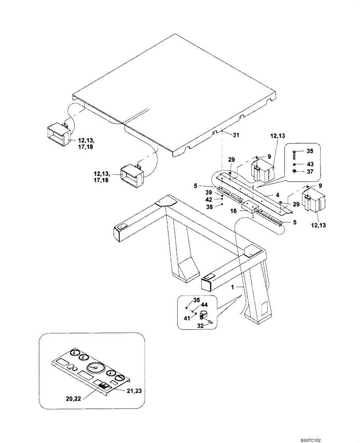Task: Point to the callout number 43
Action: [x=309, y=163]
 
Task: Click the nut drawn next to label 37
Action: [x=295, y=171]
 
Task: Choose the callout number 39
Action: [x=208, y=193]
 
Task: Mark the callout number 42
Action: [x=208, y=200]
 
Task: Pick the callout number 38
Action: [x=208, y=207]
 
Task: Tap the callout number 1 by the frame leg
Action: [x=231, y=288]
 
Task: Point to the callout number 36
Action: [x=196, y=300]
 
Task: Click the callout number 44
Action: [x=204, y=305]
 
